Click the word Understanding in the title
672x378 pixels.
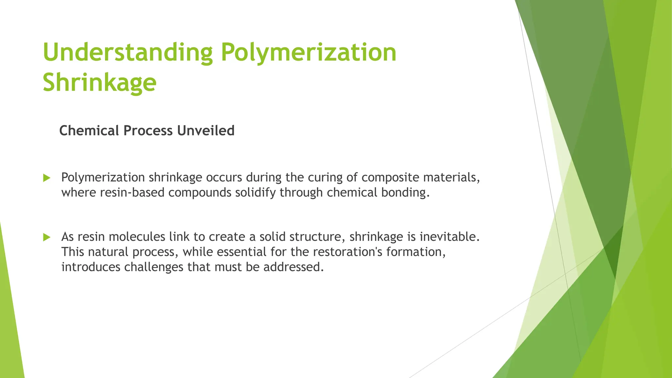pyautogui.click(x=128, y=53)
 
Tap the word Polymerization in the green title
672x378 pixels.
pyautogui.click(x=308, y=53)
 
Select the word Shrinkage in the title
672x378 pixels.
pyautogui.click(x=99, y=82)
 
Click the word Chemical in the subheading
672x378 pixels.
pyautogui.click(x=89, y=131)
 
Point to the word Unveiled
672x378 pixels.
pyautogui.click(x=206, y=131)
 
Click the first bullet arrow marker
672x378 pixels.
pyautogui.click(x=47, y=178)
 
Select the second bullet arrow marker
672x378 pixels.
pyautogui.click(x=47, y=237)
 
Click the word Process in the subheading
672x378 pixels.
pyautogui.click(x=148, y=131)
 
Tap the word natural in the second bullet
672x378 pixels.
pyautogui.click(x=108, y=252)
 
